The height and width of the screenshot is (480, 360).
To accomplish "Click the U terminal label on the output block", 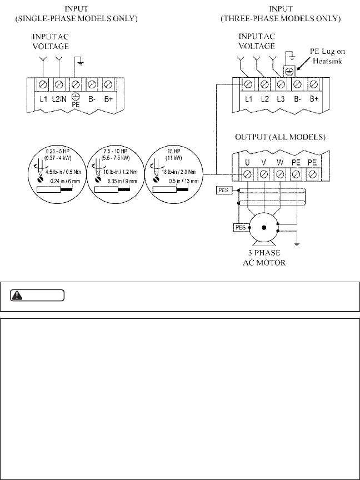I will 248,163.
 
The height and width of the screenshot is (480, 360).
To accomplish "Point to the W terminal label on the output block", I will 281,163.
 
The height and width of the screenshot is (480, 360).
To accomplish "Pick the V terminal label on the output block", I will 264,163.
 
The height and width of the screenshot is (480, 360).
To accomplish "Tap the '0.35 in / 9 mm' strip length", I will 120,181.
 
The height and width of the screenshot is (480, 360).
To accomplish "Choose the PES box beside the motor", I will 240,227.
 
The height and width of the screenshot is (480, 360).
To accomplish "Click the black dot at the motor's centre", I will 264,228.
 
